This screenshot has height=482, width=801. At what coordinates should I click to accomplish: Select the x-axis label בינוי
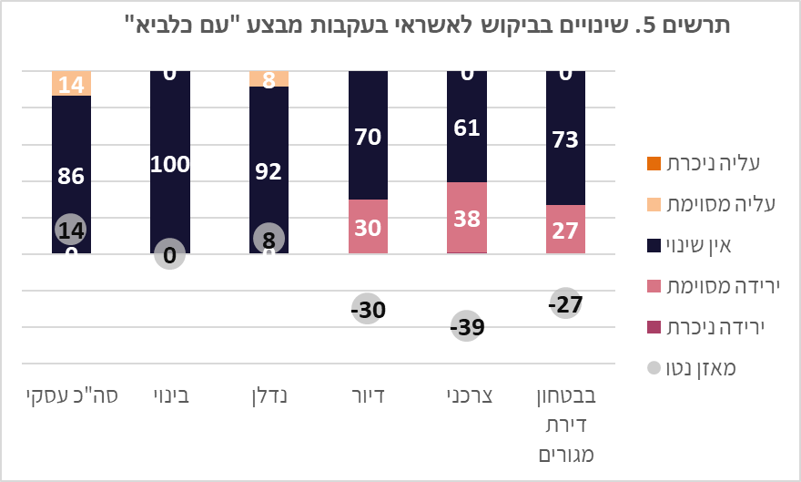pos(170,396)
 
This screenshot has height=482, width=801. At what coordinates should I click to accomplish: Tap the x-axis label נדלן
pos(269,396)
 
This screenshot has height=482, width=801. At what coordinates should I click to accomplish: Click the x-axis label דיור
pos(368,396)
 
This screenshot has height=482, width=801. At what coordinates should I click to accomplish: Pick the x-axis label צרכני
pos(467,396)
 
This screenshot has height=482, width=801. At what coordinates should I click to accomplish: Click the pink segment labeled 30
pos(368,226)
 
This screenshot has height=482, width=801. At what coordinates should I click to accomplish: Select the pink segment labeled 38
pos(467,217)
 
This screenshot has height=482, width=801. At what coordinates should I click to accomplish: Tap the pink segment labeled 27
pos(565,229)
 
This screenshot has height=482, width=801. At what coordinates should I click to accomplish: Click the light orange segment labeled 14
pos(71,83)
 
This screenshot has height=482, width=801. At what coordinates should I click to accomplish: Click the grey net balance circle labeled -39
pos(467,327)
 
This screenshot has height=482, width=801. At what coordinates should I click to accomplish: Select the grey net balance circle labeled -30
pos(368,309)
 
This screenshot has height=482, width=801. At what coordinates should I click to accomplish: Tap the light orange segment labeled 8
pos(269,78)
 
